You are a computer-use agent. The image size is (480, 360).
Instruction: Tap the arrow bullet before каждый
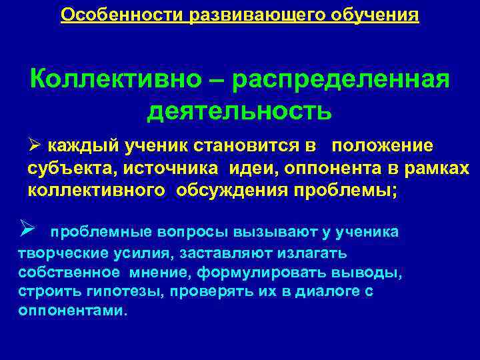click(35, 145)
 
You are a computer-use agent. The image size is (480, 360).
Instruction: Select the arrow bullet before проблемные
click(27, 231)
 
